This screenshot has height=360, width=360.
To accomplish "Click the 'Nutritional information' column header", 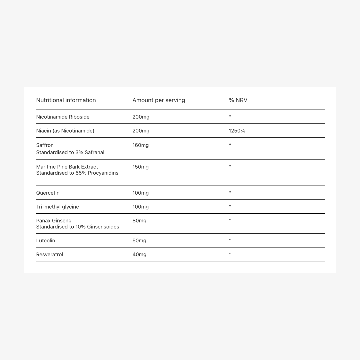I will coord(66,100).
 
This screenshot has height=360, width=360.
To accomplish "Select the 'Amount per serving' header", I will coord(158,100).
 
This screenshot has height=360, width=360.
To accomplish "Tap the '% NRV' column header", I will coord(238,100).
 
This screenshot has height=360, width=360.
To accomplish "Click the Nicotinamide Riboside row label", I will coord(63,117).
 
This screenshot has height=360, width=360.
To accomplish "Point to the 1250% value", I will coord(237,131).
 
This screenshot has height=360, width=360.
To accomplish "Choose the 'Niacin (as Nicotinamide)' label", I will coord(65,131).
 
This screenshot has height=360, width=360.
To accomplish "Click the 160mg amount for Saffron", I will coord(140,145).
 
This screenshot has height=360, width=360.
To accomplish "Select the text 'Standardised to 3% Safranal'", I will coord(70,152).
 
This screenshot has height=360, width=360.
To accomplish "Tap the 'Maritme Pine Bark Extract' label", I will coord(67,167).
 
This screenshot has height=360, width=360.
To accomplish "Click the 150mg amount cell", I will coord(140,167).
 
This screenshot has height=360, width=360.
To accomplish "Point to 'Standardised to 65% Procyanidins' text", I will coord(77,173).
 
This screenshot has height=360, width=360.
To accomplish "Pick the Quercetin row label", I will coord(48,193).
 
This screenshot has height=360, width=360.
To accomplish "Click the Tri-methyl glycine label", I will coord(57,207).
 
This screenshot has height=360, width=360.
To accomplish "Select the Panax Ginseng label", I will coord(54,221).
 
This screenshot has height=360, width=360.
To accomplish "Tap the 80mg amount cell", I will coord(139,221).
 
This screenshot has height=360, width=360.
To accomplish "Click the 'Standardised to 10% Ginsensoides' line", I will coord(77,227).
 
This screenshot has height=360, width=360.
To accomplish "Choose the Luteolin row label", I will coord(45,241).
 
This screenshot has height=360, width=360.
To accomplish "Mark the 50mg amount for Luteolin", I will coord(139,241).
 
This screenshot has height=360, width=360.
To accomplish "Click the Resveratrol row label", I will coord(49,254).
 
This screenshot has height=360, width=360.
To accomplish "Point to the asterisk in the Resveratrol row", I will coord(230,254).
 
